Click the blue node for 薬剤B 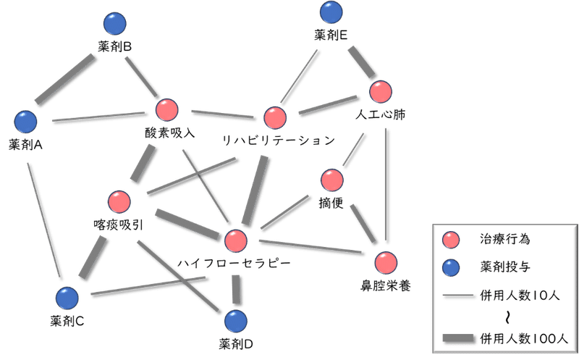(115, 24)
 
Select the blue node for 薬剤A (26, 121)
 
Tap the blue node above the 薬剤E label (331, 12)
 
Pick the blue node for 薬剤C (67, 298)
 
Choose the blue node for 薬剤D (236, 321)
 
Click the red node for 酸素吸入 (167, 110)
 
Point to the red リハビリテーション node (275, 117)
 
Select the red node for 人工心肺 (381, 91)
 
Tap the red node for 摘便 (332, 180)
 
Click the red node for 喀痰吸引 (119, 202)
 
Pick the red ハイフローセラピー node (236, 240)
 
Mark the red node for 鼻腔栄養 (386, 263)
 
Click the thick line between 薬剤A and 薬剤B (65, 79)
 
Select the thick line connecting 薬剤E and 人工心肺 (361, 62)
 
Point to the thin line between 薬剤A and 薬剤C (43, 220)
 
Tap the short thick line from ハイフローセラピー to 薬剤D (236, 290)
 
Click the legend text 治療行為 (504, 239)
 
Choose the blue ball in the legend (451, 267)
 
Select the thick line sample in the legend (458, 338)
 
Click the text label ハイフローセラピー (234, 263)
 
